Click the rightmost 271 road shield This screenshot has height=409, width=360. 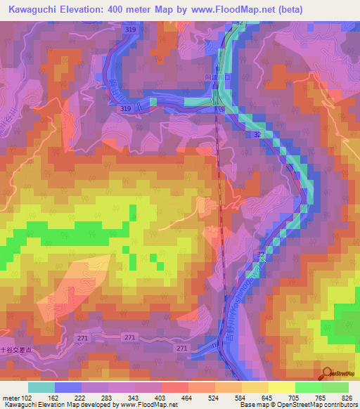181,349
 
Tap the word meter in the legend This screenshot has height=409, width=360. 12,398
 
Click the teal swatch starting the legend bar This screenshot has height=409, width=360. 41,387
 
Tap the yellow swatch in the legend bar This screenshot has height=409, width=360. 281,387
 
